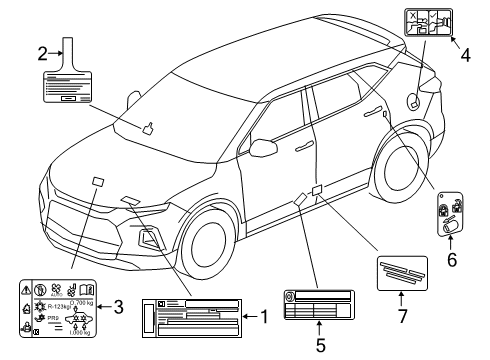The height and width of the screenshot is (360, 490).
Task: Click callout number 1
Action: point(265,317)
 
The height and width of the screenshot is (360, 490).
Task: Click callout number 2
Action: point(43,53)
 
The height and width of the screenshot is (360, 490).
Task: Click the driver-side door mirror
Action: point(264,147)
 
